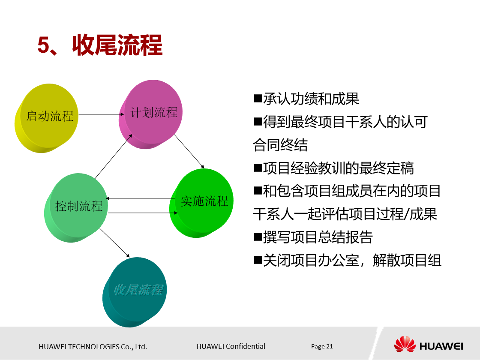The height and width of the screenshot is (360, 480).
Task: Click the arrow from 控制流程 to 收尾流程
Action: pos(115,243)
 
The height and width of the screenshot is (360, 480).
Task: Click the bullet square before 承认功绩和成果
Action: pos(258,99)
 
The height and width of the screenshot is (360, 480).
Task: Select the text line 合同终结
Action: pos(280,145)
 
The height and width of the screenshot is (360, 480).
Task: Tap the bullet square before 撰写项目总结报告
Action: pos(258,237)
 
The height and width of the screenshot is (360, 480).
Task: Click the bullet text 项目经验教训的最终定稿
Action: pos(339,168)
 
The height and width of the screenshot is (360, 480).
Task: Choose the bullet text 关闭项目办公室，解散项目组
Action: pos(352,260)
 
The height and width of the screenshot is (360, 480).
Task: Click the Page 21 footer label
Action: pos(322,346)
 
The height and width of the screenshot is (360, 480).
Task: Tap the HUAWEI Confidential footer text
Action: pos(231,346)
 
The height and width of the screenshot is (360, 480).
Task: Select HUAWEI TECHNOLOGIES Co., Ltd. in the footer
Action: pos(93,347)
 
